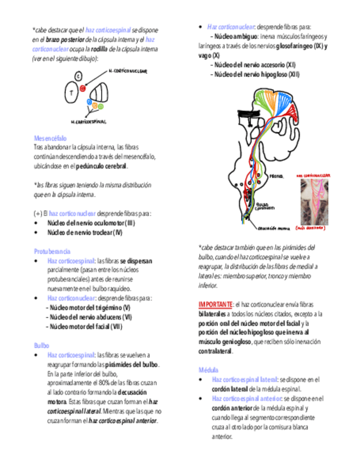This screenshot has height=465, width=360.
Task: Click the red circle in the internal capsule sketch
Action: [82, 88]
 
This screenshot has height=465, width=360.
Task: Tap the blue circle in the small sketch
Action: [89, 101]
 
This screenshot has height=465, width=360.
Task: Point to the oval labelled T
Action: [71, 93]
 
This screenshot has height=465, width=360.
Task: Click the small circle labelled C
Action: [78, 76]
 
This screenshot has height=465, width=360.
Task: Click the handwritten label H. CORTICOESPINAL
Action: [88, 122]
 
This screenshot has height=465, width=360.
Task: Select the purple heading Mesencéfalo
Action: [50, 138]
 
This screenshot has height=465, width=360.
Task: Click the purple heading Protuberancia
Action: [52, 250]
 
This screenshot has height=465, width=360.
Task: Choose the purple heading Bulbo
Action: [41, 345]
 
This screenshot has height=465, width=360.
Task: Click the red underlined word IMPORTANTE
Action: [215, 304]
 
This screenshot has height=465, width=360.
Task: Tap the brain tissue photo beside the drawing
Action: [314, 201]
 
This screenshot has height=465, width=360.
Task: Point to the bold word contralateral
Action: [215, 351]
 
